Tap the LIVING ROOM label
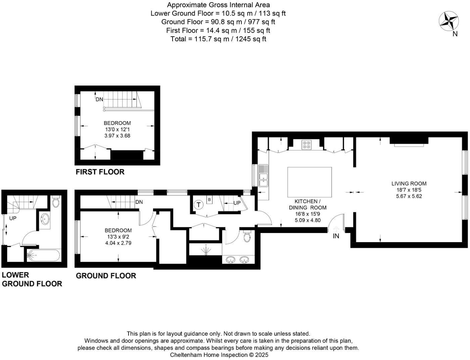point(409,184)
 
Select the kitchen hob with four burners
point(306,144)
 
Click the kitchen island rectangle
point(309,182)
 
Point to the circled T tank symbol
point(199,205)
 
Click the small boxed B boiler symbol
point(209,200)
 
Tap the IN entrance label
point(336,236)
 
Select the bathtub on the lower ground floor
point(44,256)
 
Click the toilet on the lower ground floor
point(56,201)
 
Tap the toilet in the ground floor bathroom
point(247,236)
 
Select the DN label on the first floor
point(99,99)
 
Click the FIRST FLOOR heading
point(100,172)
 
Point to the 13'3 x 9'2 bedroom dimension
point(118,237)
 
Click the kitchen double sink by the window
point(263,175)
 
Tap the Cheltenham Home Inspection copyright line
point(219,355)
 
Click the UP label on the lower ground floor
point(13,218)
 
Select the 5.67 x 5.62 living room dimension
point(409,196)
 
